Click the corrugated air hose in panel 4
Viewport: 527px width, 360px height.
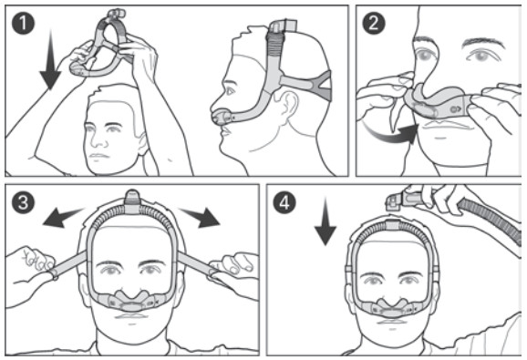tap(484, 220)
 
